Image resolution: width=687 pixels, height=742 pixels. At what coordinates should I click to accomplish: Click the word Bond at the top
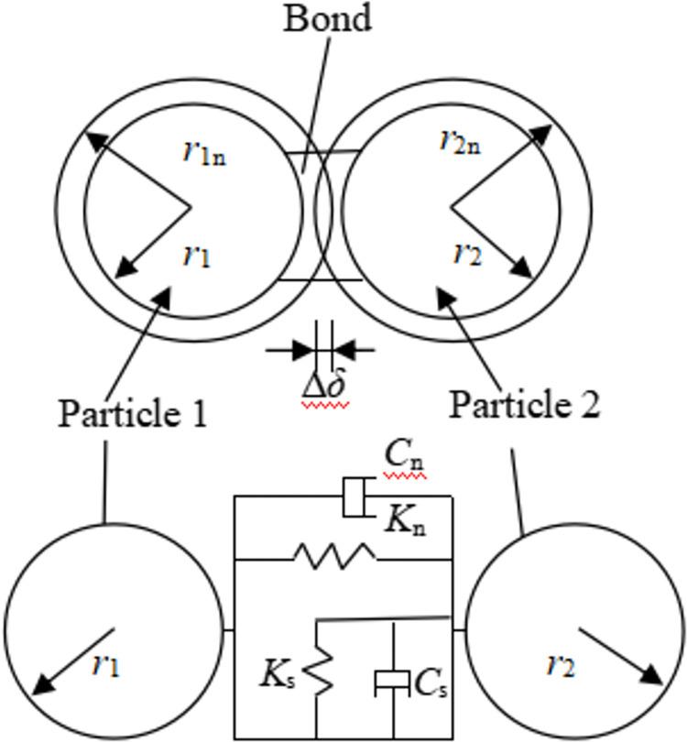pos(327,17)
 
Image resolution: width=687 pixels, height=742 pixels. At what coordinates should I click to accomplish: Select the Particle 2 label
pos(524,403)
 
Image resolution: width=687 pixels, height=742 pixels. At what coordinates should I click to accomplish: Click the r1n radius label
pos(203,150)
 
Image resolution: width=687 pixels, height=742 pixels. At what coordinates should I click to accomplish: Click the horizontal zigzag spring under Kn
pos(333,555)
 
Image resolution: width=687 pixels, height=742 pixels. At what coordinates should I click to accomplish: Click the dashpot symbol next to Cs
pos(393,682)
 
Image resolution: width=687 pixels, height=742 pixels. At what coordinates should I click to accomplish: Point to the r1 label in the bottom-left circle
pos(105,665)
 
